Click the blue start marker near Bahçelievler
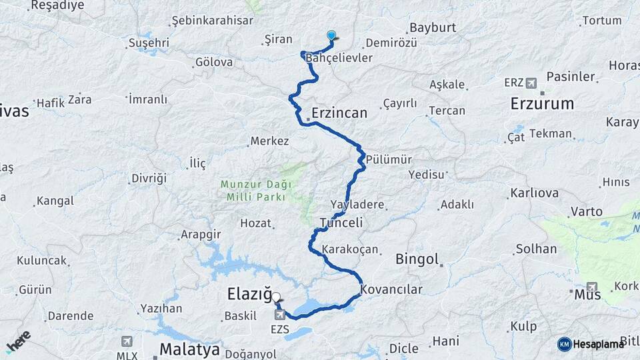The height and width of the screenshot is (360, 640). (x=331, y=36)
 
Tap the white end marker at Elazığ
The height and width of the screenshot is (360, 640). (x=276, y=298)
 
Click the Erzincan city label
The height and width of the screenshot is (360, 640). (x=339, y=113)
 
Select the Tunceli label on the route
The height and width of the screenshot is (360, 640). (x=341, y=223)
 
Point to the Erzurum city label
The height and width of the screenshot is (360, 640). (x=542, y=103)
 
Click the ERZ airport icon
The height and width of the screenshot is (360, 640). (x=531, y=83)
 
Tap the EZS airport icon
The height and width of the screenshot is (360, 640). (x=279, y=314)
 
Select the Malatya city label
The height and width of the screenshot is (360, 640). (x=189, y=349)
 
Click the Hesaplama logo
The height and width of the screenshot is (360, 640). (x=591, y=344)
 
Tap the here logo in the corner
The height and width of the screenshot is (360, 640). (x=18, y=341)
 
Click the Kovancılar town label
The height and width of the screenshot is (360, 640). (x=391, y=290)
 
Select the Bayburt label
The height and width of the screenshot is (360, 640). (x=433, y=28)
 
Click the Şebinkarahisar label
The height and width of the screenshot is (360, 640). (x=212, y=21)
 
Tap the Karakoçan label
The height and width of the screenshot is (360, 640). (x=350, y=250)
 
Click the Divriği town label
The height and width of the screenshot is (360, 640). (x=148, y=179)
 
